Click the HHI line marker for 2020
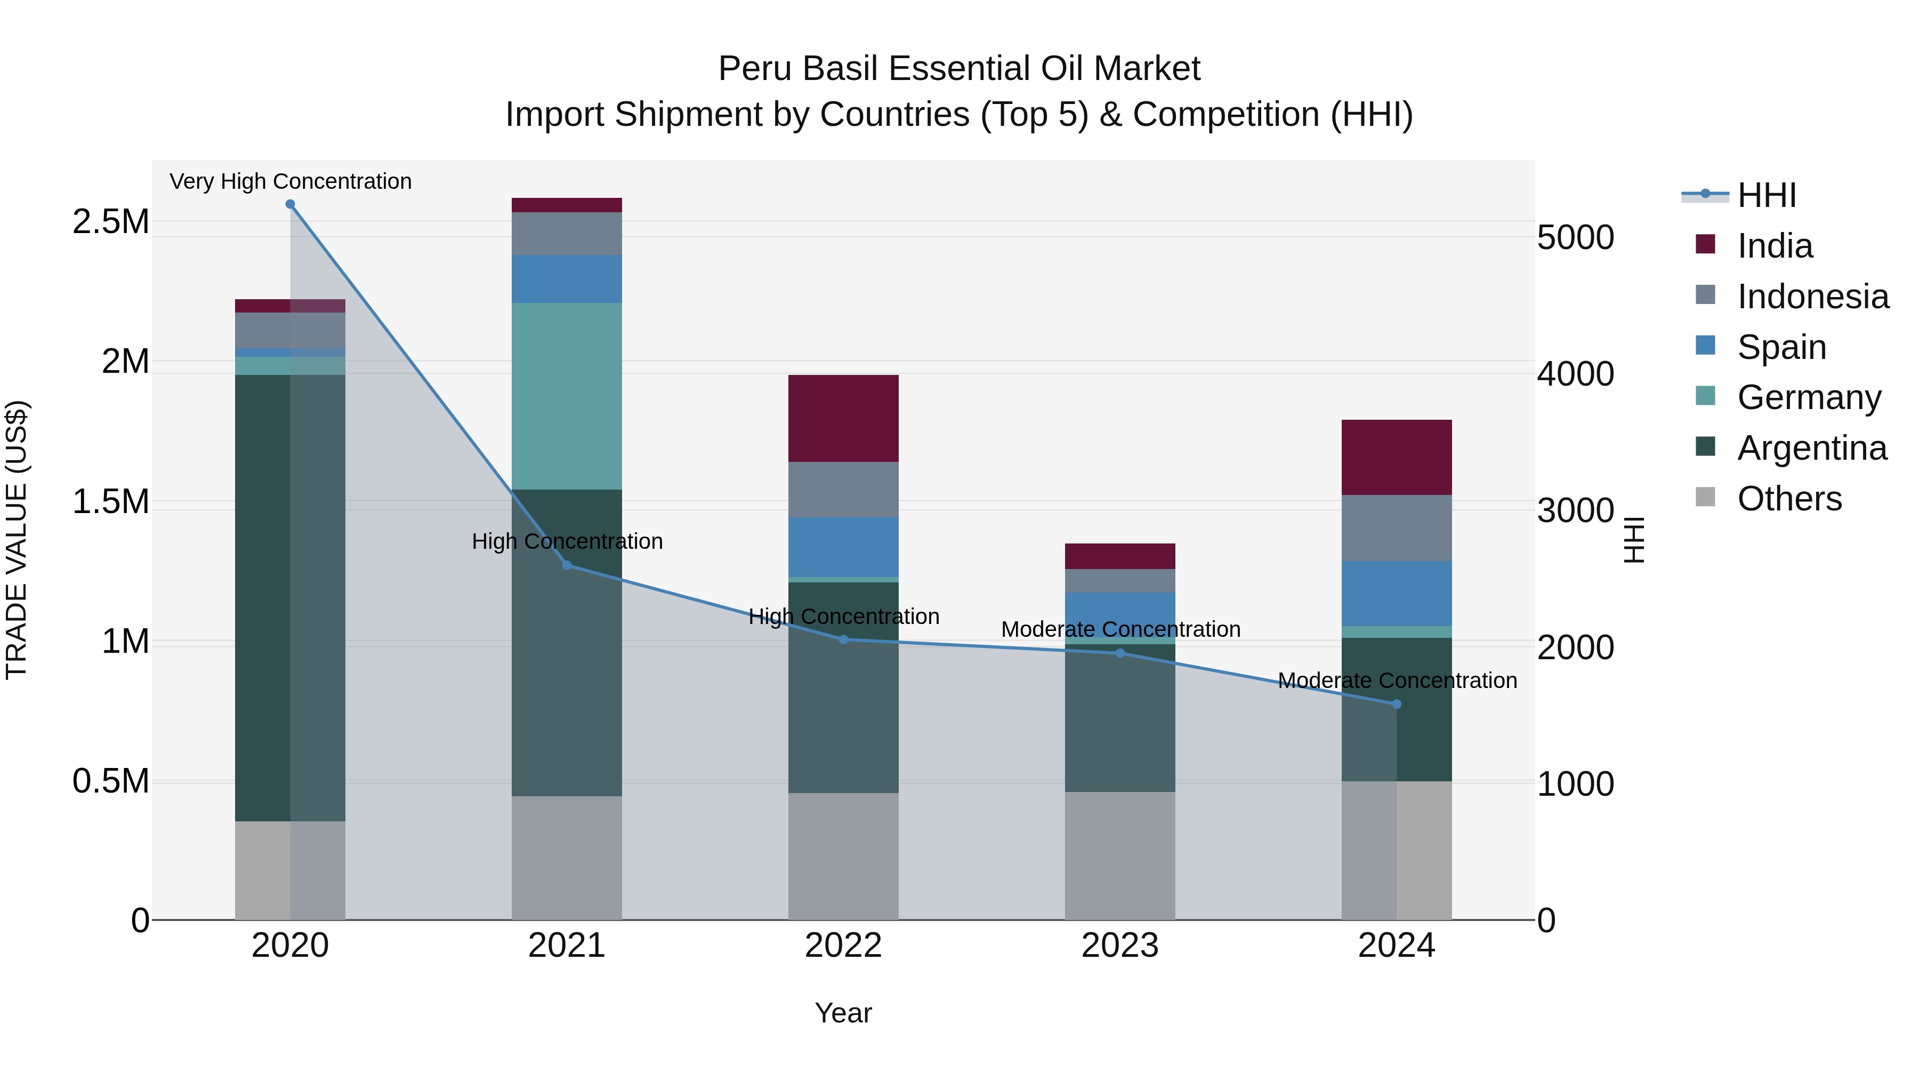[290, 204]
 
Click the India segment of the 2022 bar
[843, 418]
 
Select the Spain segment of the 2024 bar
[1396, 593]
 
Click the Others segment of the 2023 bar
[1119, 855]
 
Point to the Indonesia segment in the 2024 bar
[1396, 527]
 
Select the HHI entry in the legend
[1765, 195]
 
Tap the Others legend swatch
[1705, 497]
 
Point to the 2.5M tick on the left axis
[111, 221]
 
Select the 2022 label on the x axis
[843, 946]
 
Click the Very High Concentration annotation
[290, 181]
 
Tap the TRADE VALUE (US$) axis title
[17, 540]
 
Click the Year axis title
[843, 1013]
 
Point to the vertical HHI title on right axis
[1634, 540]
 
